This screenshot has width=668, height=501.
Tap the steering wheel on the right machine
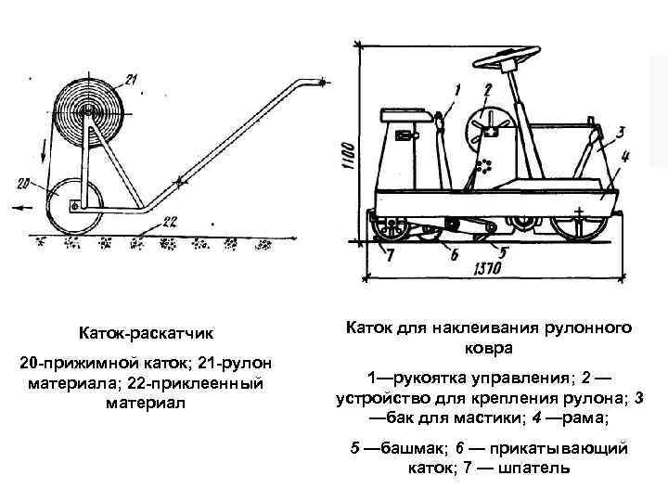tap(520, 64)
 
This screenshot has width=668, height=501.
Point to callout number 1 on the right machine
tap(458, 89)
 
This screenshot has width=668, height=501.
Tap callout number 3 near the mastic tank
tap(621, 133)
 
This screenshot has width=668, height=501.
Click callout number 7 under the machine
tap(391, 252)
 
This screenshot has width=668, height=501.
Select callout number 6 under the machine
tap(454, 253)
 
